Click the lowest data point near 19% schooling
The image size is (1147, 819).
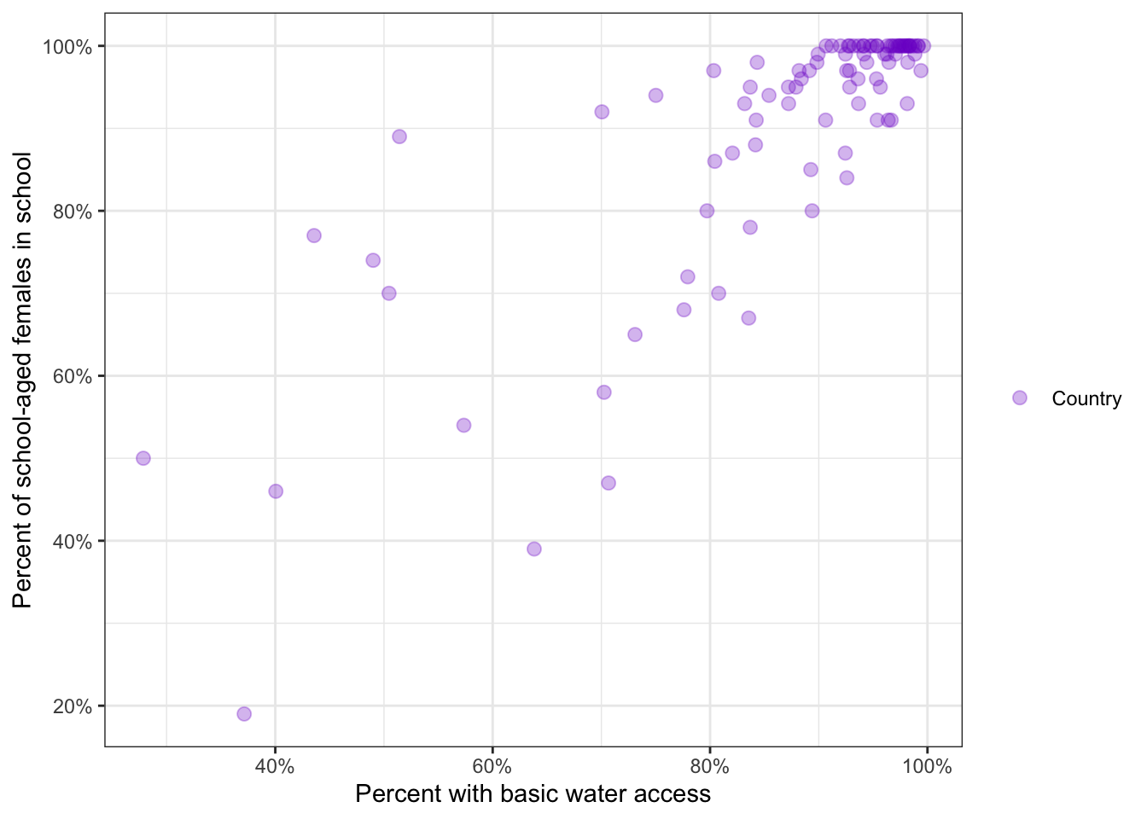(x=244, y=714)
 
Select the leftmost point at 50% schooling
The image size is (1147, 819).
(x=143, y=458)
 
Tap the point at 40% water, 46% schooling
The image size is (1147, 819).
(x=276, y=491)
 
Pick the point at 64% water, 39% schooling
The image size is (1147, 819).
(x=534, y=549)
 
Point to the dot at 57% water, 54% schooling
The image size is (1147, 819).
(x=463, y=425)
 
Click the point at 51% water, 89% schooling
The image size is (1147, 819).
(x=399, y=136)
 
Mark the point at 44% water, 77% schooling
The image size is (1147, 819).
(x=314, y=235)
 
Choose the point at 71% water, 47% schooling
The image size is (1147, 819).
(x=608, y=483)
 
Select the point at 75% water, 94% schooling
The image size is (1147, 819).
(x=655, y=96)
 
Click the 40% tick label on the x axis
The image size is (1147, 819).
(x=275, y=766)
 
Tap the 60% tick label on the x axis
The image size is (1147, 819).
(x=492, y=766)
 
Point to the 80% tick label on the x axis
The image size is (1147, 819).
(x=710, y=766)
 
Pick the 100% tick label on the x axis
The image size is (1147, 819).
(x=927, y=766)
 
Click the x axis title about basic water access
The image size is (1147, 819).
(x=533, y=794)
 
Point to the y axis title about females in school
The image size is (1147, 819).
(x=23, y=380)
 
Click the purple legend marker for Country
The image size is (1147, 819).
(x=1019, y=398)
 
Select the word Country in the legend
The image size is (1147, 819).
(x=1086, y=398)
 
